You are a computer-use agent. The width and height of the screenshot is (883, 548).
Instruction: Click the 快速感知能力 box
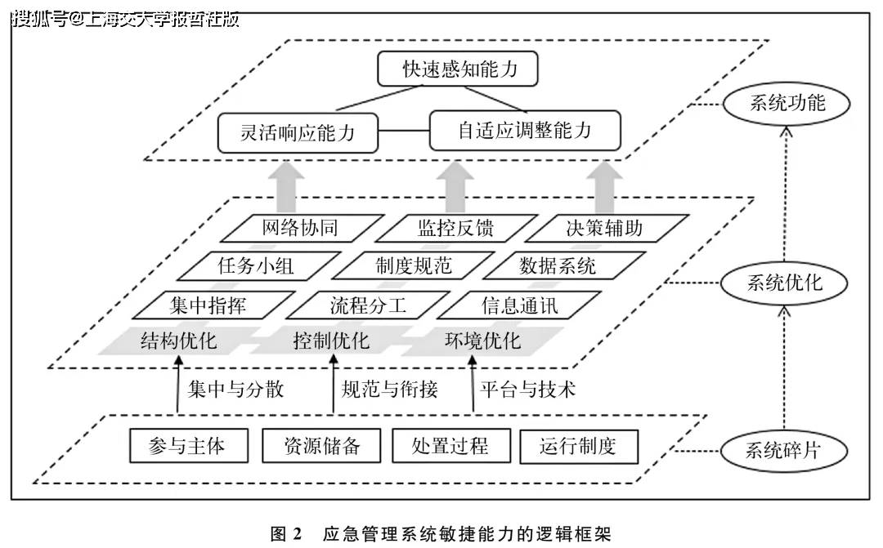click(x=459, y=69)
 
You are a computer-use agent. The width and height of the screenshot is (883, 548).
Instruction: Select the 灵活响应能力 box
click(x=298, y=132)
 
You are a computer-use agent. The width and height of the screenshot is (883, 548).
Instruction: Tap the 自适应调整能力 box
click(x=525, y=131)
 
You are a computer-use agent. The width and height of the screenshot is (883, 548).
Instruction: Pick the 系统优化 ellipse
click(x=784, y=283)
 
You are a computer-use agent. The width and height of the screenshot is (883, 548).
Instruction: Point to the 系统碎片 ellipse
click(x=782, y=451)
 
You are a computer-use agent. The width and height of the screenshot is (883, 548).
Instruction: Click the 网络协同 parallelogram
click(x=299, y=228)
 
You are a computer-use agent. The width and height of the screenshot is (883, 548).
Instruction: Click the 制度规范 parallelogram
click(x=413, y=266)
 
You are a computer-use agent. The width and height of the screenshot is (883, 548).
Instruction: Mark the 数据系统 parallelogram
click(x=558, y=266)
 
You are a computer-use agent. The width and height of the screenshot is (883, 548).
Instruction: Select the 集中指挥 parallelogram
click(x=208, y=306)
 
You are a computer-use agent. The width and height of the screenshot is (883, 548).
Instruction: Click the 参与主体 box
click(x=187, y=446)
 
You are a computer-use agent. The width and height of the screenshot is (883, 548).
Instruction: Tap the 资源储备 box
click(x=321, y=446)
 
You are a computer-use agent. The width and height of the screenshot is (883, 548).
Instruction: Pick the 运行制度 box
click(x=578, y=446)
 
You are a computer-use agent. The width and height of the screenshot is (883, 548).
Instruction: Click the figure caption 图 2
click(x=285, y=534)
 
